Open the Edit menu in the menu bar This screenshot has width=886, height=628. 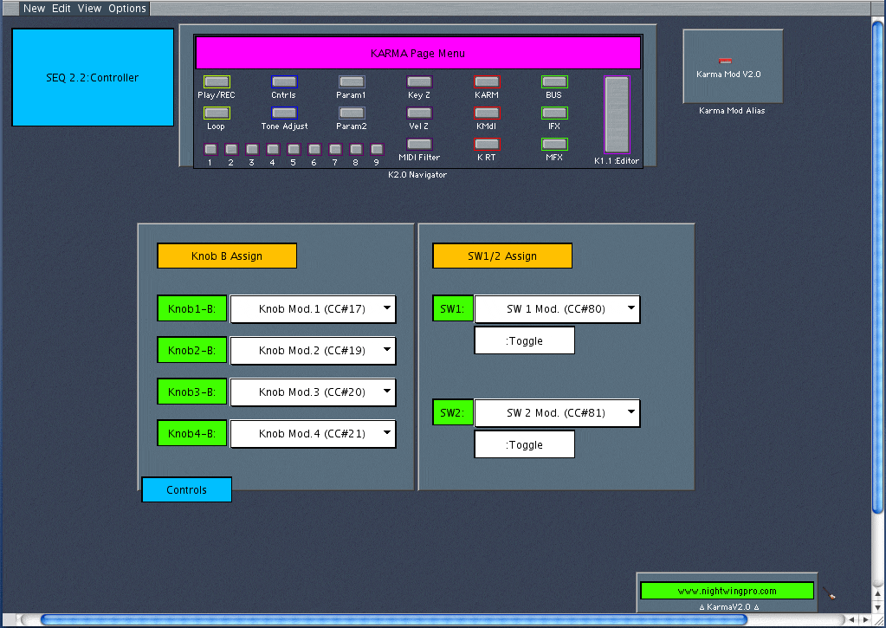[61, 9]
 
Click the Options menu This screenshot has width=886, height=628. [126, 9]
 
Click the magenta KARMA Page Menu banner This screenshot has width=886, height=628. [417, 53]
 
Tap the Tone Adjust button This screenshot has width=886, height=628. [284, 113]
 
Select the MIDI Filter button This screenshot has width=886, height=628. [419, 144]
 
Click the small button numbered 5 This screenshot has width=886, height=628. [293, 149]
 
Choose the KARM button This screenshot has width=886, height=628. [487, 81]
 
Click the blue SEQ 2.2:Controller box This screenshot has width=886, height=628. [93, 77]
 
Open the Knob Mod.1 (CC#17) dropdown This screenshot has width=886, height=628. [313, 309]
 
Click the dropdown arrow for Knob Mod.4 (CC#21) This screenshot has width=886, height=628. [386, 433]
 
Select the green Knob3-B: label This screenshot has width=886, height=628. [192, 392]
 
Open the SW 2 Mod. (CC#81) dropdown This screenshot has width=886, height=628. [557, 413]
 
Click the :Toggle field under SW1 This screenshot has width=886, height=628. [524, 340]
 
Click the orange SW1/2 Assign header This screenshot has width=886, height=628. [502, 256]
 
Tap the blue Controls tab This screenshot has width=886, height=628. [187, 490]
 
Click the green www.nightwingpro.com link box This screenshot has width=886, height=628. [727, 591]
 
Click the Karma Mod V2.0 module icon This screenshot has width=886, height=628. [726, 62]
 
